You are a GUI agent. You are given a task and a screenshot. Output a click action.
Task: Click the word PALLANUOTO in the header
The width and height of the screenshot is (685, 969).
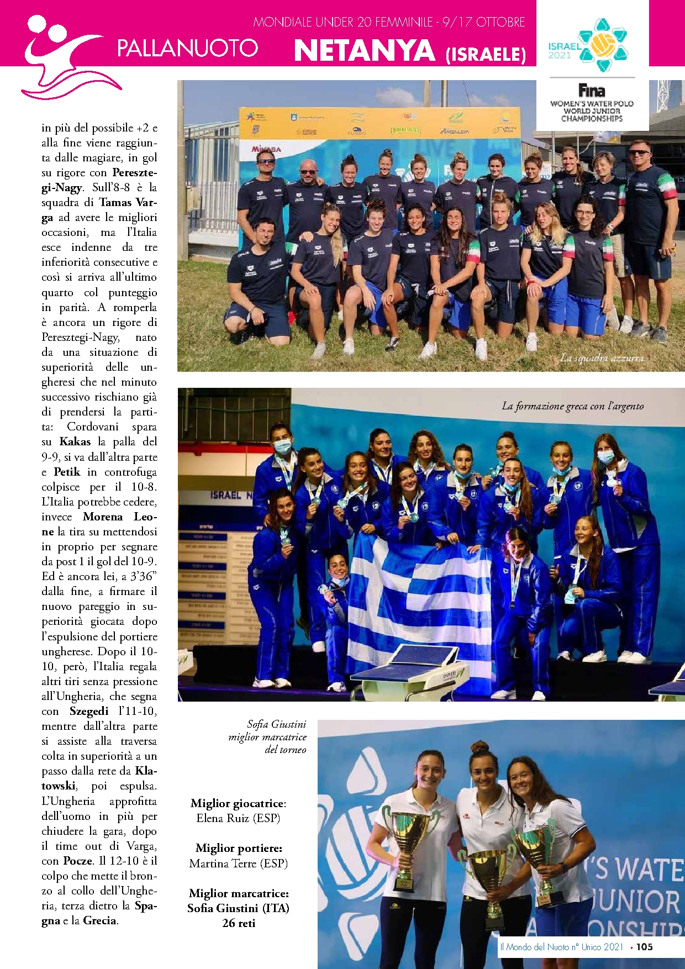[x=187, y=48]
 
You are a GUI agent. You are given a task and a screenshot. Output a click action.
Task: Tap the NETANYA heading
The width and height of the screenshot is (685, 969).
[x=365, y=51]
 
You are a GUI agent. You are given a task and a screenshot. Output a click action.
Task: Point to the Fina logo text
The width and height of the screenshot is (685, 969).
[x=592, y=90]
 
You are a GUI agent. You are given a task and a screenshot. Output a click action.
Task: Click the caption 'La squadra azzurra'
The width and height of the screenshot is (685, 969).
[x=602, y=358]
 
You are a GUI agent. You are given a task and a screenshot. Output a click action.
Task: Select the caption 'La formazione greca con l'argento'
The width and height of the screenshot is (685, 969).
[x=572, y=406]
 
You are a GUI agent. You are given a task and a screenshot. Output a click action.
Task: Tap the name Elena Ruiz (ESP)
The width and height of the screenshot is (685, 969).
[x=238, y=818]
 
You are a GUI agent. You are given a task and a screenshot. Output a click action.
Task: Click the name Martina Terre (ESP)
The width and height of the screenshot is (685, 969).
[x=238, y=863]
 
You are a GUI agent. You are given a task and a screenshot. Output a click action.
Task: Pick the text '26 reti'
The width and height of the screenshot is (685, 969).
[x=239, y=923]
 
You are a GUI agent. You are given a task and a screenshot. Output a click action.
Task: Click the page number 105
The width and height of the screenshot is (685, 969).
[x=644, y=947]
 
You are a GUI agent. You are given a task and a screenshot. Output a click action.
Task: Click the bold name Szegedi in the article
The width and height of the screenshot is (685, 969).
[x=89, y=712]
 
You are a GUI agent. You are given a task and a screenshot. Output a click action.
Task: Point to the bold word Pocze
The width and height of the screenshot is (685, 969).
[x=77, y=861]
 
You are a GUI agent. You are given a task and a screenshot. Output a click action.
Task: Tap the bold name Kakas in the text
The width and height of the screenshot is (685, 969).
[x=75, y=442]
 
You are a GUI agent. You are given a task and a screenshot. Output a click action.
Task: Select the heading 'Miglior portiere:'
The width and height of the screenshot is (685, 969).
[x=239, y=848]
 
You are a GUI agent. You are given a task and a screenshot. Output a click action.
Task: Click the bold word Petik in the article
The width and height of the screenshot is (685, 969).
[x=67, y=472]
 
